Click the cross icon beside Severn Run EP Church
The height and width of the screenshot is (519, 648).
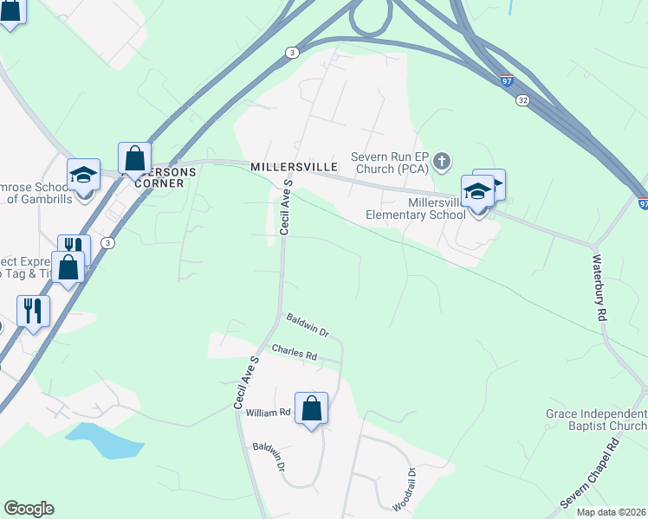[x=442, y=160]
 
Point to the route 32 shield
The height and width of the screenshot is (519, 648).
[x=522, y=100]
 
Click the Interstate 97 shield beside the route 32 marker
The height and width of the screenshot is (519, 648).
[x=507, y=81]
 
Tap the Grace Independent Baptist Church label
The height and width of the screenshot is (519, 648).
[x=596, y=420]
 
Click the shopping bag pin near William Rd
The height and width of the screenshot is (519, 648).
[x=311, y=409]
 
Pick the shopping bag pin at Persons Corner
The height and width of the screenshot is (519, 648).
[x=134, y=158]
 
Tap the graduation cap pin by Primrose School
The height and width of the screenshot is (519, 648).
[x=84, y=175]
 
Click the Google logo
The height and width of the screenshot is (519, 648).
[x=29, y=509]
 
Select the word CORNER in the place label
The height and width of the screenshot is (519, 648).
[x=158, y=183]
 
